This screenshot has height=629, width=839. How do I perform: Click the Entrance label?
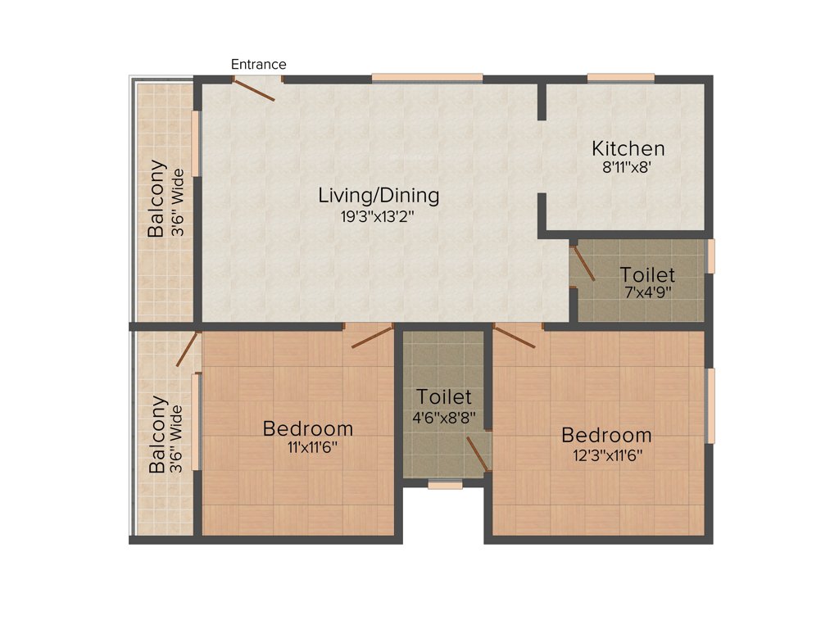click(258, 64)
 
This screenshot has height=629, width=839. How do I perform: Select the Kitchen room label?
click(628, 149)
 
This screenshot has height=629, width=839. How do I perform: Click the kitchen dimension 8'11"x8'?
click(628, 166)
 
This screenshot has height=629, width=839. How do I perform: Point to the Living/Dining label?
click(379, 196)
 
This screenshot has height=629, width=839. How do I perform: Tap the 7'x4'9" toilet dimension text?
click(647, 292)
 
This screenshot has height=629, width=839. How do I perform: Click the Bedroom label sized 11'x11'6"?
click(308, 428)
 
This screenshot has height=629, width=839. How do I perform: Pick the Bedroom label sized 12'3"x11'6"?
click(606, 435)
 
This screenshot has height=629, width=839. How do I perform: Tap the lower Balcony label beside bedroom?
click(157, 435)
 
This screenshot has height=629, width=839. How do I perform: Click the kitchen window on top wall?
click(620, 78)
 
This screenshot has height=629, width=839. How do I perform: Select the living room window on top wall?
click(427, 78)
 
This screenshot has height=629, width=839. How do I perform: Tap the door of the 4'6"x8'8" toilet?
click(477, 454)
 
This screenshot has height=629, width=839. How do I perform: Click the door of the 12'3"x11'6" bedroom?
click(514, 336)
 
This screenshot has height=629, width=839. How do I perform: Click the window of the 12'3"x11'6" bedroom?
click(710, 405)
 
